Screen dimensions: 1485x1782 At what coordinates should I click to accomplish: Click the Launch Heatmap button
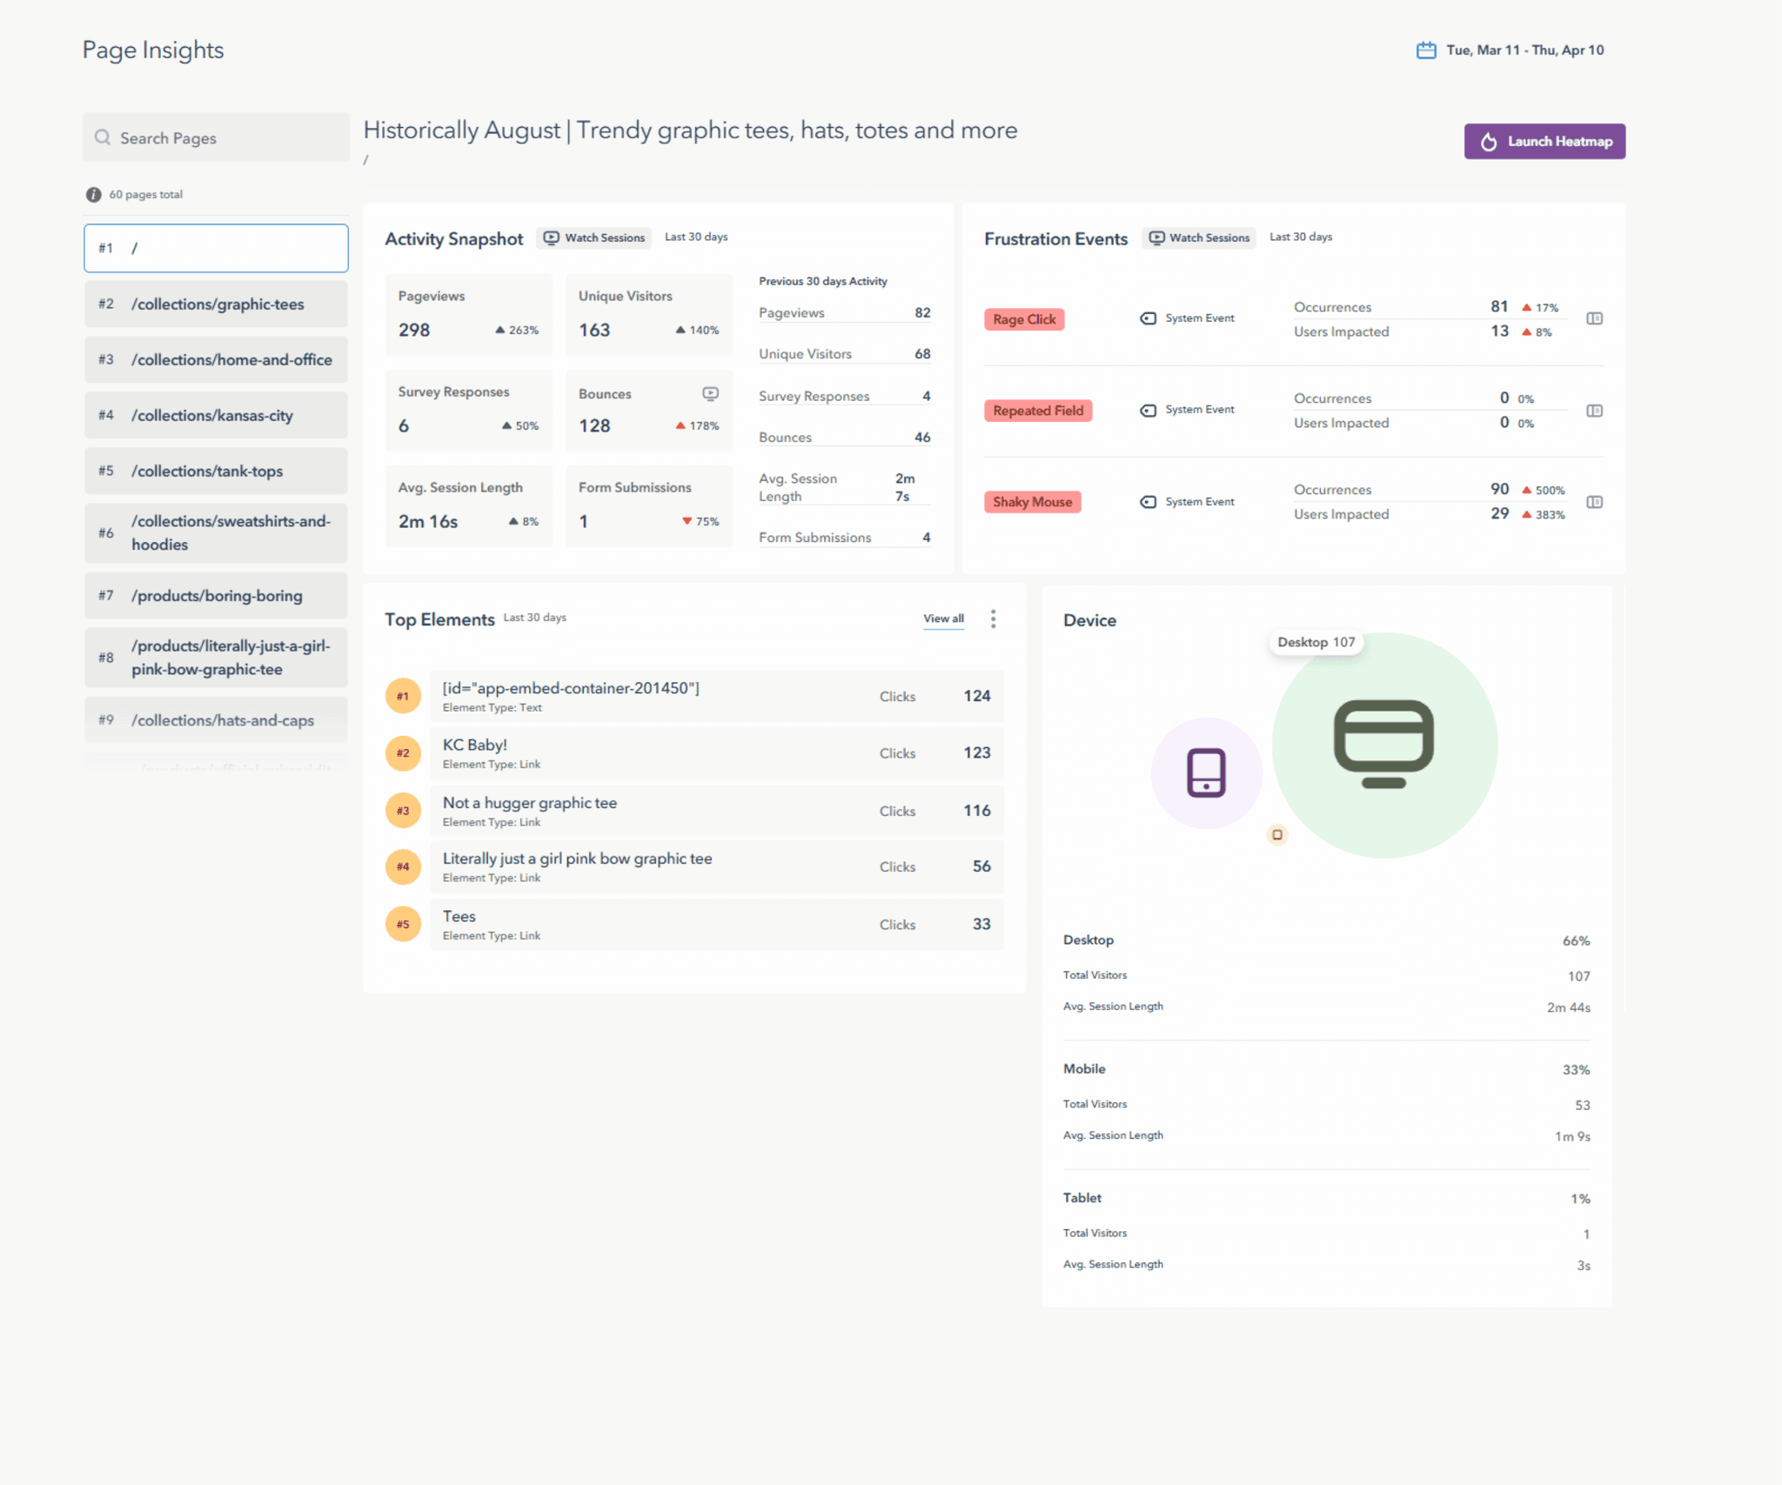[x=1544, y=141]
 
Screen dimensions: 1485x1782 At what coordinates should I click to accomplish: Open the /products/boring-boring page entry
[x=216, y=595]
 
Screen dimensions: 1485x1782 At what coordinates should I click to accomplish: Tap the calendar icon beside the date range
[x=1425, y=50]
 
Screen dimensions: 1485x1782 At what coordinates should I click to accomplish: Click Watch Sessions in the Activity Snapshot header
[x=594, y=237]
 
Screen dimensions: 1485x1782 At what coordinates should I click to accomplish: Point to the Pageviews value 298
[x=414, y=330]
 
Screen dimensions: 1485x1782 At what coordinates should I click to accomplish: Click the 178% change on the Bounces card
[x=698, y=425]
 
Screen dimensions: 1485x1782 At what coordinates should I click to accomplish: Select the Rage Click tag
[x=1024, y=319]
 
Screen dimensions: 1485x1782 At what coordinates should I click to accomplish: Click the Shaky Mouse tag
[x=1032, y=502]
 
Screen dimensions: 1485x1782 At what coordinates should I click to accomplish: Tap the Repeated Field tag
[x=1037, y=411]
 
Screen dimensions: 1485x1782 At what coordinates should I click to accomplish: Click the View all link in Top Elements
[x=943, y=619]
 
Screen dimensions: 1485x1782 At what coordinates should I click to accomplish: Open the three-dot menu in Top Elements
[x=993, y=619]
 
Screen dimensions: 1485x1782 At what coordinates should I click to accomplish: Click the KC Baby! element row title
[x=474, y=745]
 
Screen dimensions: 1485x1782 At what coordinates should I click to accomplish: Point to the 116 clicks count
[x=976, y=810]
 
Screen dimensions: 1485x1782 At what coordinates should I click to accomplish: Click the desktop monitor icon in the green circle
[x=1383, y=744]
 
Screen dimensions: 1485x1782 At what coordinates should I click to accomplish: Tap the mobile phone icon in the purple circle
[x=1206, y=773]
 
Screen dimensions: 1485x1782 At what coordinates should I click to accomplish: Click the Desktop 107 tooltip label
[x=1316, y=642]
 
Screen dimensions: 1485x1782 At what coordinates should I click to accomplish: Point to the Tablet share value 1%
[x=1579, y=1199]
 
